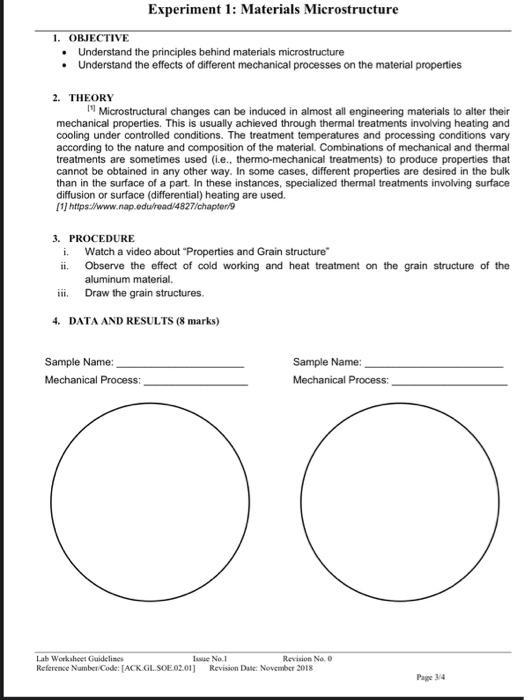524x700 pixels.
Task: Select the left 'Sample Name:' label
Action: click(79, 361)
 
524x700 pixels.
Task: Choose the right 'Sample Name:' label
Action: click(327, 361)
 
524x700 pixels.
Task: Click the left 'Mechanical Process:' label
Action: click(93, 380)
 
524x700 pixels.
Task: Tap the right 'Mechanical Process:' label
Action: click(341, 380)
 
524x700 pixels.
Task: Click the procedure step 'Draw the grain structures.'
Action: click(145, 294)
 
